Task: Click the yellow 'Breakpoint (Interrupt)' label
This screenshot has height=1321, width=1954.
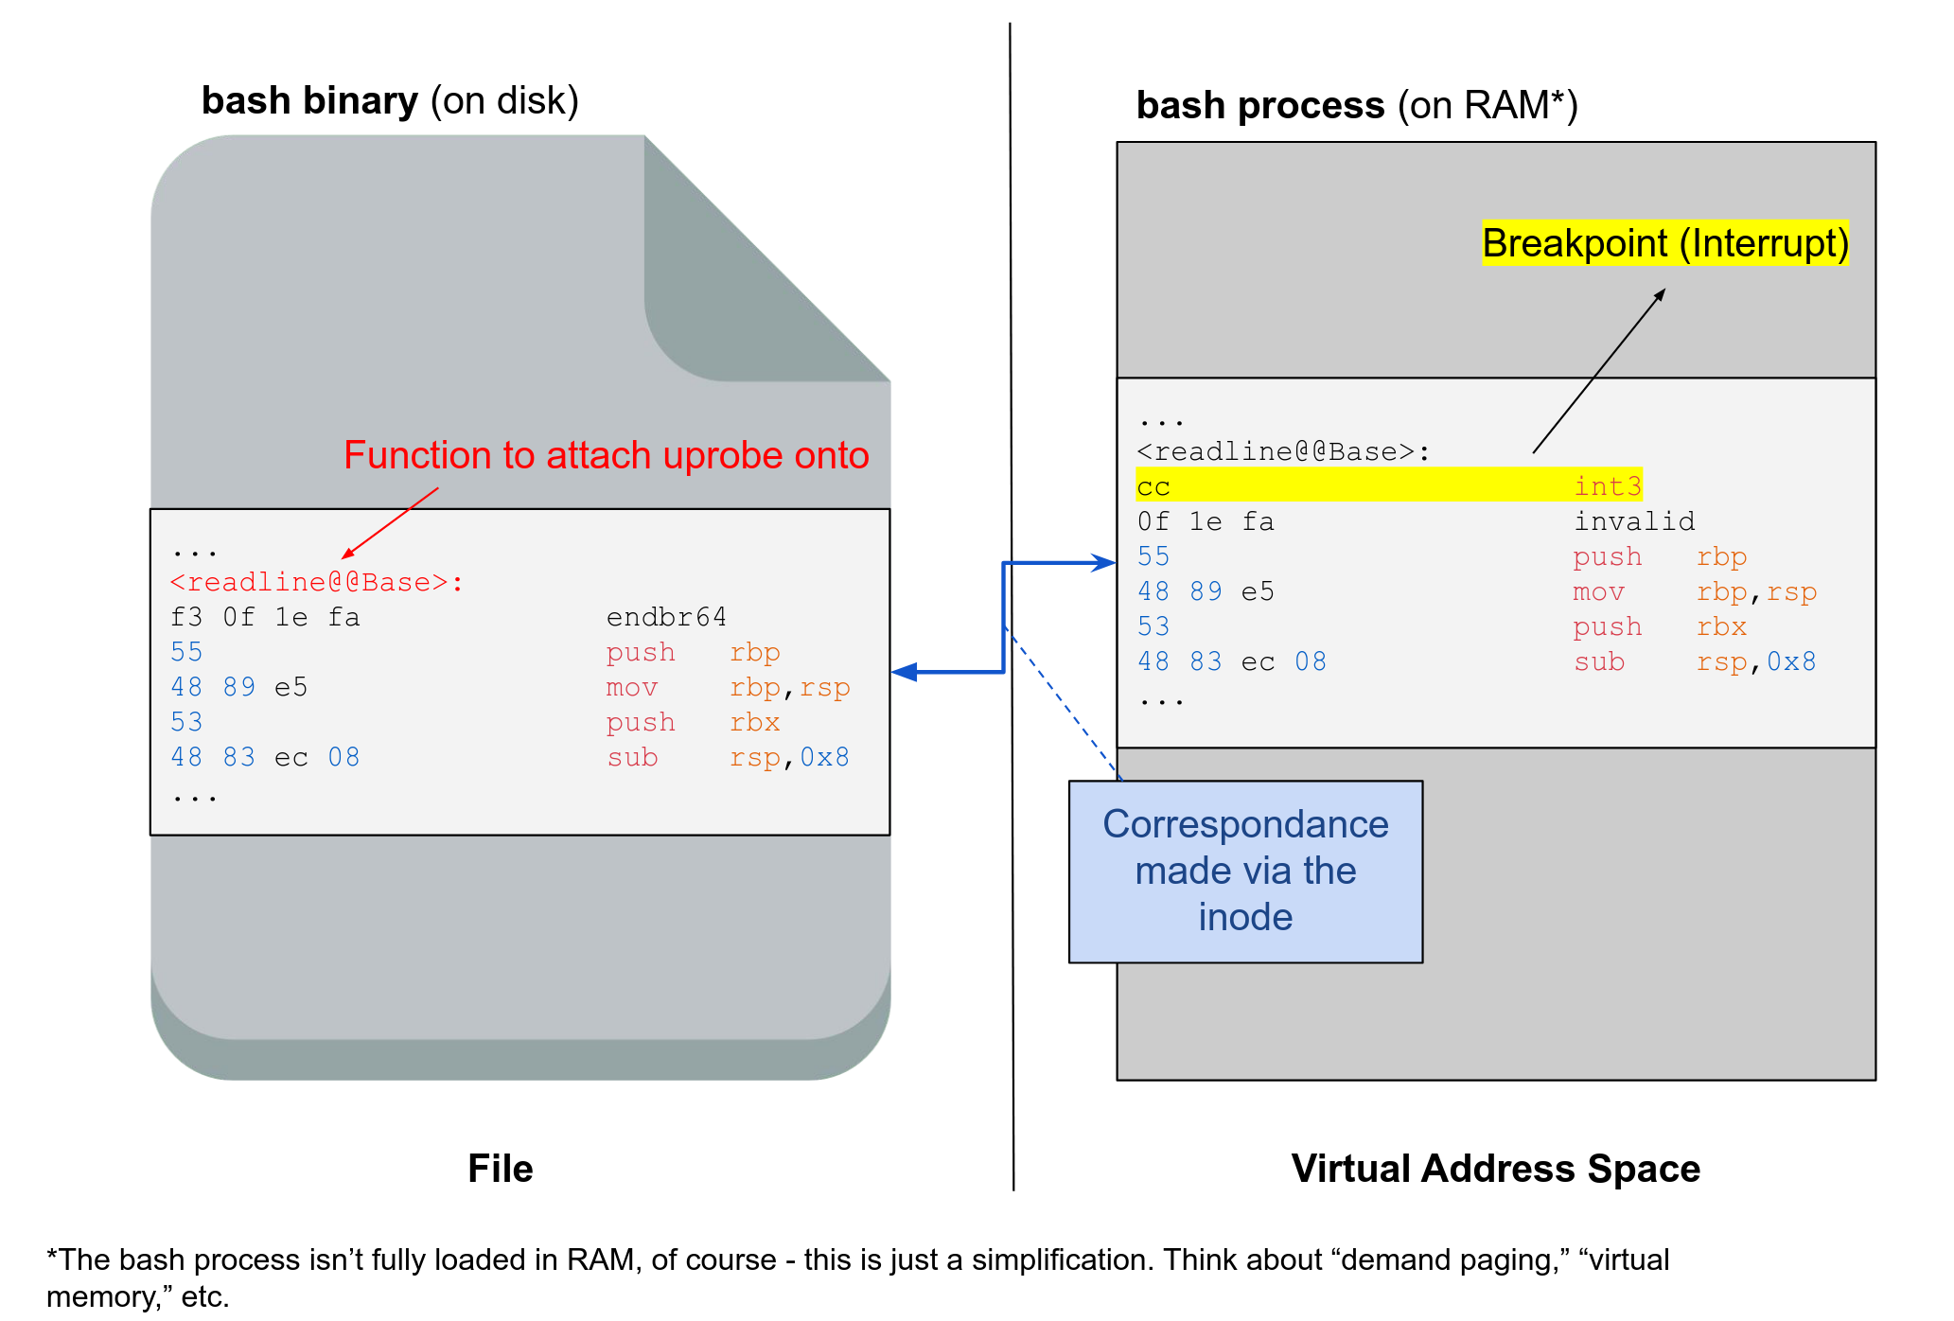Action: coord(1664,243)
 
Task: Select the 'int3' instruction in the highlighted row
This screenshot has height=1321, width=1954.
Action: coord(1607,485)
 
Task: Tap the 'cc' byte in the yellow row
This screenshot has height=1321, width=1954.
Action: coord(1153,486)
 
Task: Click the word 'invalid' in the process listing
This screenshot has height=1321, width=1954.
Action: coord(1634,520)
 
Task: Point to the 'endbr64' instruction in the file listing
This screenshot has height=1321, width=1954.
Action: coord(666,617)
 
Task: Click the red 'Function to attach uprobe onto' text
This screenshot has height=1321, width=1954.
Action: coord(606,455)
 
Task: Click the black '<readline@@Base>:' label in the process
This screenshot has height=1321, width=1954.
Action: coord(1283,451)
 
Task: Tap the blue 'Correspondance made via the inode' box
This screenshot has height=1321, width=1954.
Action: coord(1245,871)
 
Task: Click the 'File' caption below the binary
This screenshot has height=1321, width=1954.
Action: coord(500,1169)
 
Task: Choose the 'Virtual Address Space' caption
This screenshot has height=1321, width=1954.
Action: coord(1495,1169)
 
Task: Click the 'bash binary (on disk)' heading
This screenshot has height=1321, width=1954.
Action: coord(390,100)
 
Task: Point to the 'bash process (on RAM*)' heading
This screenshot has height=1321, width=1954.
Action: coord(1356,105)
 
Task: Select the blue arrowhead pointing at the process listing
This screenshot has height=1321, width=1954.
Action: coord(1104,563)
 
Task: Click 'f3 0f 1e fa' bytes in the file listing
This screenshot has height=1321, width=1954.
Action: coord(265,617)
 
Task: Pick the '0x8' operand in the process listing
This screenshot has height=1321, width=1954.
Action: coord(1790,661)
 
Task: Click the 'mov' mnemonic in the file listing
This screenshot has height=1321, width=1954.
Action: coord(631,687)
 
